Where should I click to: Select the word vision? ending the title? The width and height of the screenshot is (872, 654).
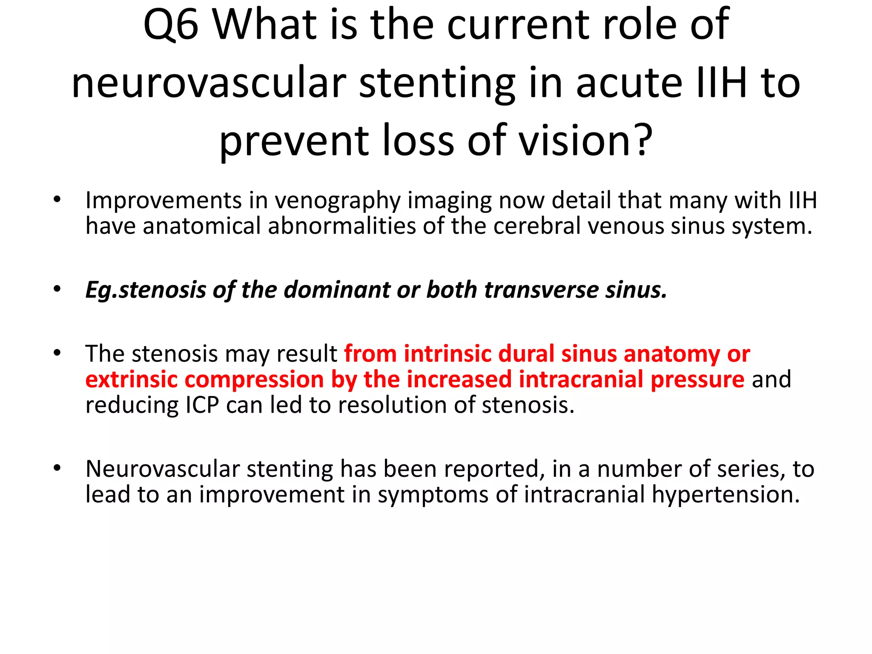point(585,141)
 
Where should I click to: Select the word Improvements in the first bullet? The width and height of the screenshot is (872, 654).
point(163,201)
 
